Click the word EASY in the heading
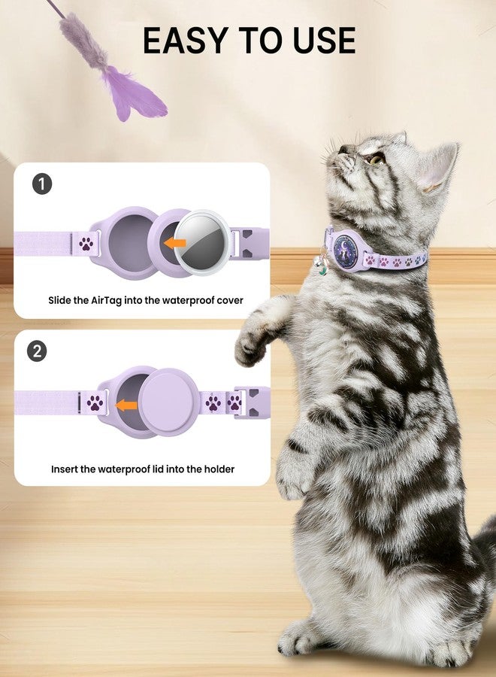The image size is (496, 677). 186,40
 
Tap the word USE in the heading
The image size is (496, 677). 325,40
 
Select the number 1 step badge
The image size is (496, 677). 42,184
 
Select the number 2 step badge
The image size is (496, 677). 37,351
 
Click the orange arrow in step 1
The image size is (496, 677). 175,243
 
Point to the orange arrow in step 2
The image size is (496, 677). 126,405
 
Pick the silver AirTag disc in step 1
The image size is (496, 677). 202,243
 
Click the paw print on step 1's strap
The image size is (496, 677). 86,244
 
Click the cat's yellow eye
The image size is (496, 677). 376,159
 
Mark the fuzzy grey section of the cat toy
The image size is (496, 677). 83,42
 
